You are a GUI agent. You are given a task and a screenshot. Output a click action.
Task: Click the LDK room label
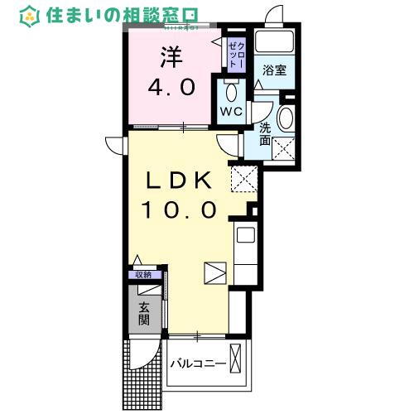[183, 181]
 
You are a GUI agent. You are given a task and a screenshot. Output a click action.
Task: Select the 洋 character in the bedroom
[171, 56]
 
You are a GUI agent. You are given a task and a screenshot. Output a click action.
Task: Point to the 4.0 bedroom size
[171, 86]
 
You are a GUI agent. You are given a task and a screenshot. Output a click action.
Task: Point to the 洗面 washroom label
[265, 133]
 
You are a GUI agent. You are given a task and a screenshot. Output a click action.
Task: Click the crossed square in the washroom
[285, 148]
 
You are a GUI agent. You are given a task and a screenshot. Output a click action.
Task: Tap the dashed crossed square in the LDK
[243, 176]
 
